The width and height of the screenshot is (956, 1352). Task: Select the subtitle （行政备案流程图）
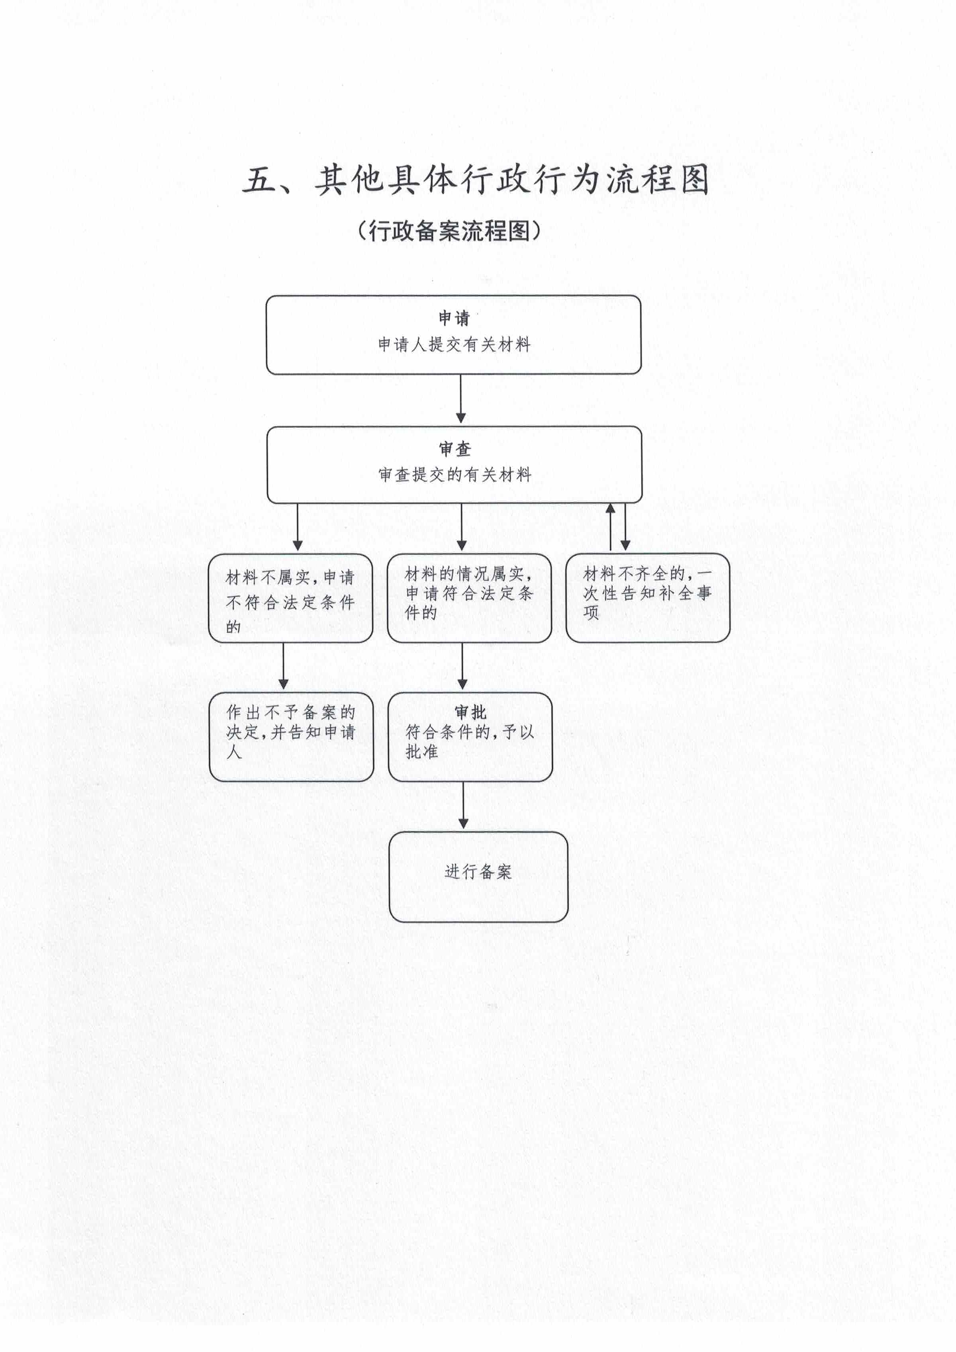coord(449,230)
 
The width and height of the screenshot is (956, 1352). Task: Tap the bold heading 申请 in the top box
coord(454,319)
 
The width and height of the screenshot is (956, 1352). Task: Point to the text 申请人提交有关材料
coord(454,344)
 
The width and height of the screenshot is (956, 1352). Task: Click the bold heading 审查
coord(455,449)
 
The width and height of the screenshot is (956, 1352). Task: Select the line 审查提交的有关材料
coord(455,475)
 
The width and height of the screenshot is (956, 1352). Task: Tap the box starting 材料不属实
coord(290,598)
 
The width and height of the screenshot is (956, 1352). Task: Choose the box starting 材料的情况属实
coord(470,598)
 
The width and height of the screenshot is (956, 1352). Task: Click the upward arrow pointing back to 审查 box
coord(611,527)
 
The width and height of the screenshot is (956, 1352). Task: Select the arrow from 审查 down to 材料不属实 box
coord(298,527)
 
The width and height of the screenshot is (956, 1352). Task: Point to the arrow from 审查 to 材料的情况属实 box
coord(462,527)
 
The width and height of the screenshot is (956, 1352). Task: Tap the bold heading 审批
coord(471,712)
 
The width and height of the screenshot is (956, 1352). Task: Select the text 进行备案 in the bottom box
coord(478,871)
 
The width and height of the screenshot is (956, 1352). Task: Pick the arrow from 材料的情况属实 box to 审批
coord(462,666)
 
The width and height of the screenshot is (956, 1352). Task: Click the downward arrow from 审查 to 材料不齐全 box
coord(625,527)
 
